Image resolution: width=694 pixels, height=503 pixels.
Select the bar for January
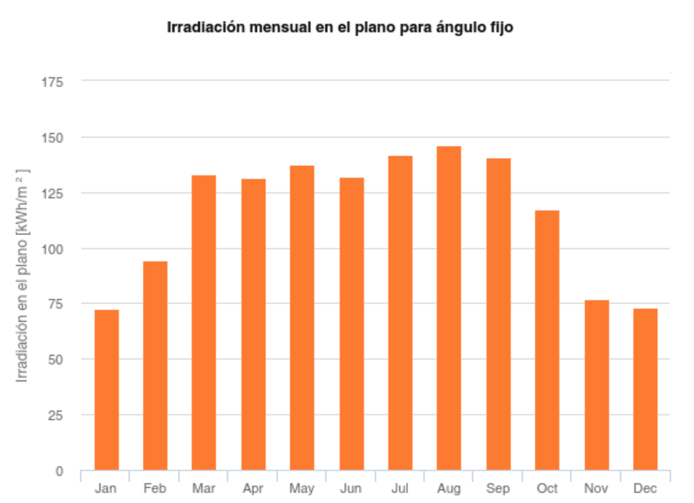[x=107, y=390]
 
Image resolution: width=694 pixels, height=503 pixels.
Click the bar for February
[x=155, y=365]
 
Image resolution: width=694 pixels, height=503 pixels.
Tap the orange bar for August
[x=449, y=308]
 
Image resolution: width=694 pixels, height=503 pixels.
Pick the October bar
[x=547, y=340]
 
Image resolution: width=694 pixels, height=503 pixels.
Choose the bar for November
[x=596, y=385]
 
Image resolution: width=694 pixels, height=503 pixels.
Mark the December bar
[x=645, y=389]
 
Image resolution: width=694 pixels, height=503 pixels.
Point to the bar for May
[x=302, y=318]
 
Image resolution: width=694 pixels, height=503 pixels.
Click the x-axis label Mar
[x=204, y=488]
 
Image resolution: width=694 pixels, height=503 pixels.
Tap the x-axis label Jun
[x=351, y=488]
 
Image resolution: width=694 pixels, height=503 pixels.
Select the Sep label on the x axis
[x=498, y=488]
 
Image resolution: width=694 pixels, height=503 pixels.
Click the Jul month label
[x=400, y=488]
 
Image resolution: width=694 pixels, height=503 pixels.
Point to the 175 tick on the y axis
[x=53, y=82]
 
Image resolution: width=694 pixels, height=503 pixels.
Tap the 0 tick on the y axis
[x=59, y=471]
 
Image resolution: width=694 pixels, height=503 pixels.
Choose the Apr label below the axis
[x=253, y=488]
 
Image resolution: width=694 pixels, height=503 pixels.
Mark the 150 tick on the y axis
[x=53, y=138]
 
